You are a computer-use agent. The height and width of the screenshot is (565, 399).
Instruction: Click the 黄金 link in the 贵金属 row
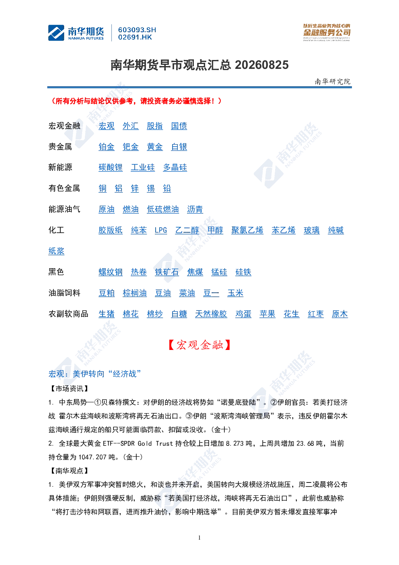(155, 147)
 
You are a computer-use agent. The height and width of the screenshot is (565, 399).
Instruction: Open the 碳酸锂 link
(110, 167)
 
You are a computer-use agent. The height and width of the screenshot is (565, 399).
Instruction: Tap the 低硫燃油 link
(163, 209)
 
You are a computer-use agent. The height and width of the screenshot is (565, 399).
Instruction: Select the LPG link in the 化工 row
(161, 230)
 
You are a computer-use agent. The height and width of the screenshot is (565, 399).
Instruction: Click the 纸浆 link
(56, 251)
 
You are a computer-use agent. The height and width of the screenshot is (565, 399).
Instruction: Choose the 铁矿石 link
(167, 272)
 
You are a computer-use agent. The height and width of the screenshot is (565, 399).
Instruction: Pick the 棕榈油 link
(134, 293)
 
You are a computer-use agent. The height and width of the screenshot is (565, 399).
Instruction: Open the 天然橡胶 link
(211, 314)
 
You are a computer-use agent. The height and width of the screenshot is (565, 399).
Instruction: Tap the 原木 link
(339, 314)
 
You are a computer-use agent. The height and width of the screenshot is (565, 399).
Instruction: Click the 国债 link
(179, 126)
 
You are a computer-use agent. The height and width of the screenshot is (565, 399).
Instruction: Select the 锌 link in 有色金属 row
(134, 188)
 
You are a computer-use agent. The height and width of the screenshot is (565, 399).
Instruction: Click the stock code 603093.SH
(137, 30)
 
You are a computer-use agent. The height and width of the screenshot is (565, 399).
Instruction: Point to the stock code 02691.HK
(135, 37)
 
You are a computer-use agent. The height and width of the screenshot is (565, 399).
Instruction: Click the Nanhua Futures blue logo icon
(56, 33)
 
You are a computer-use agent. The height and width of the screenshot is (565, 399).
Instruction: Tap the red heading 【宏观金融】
(199, 345)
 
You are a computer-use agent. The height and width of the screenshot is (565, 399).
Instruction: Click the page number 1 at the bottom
(199, 538)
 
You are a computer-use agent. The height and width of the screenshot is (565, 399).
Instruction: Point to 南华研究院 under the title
(332, 81)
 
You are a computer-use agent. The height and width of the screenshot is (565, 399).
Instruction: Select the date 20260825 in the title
(261, 65)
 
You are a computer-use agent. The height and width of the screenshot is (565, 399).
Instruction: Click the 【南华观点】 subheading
(69, 470)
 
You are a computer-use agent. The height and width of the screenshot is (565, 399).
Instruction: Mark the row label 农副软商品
(68, 314)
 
